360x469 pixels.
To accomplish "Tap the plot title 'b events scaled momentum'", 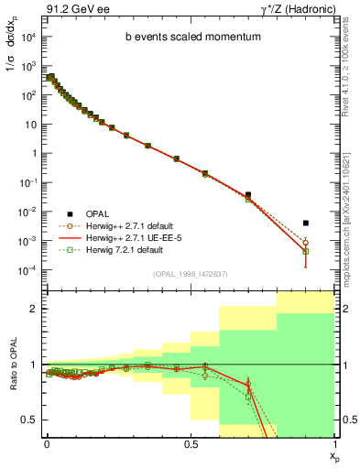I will [188, 38].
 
